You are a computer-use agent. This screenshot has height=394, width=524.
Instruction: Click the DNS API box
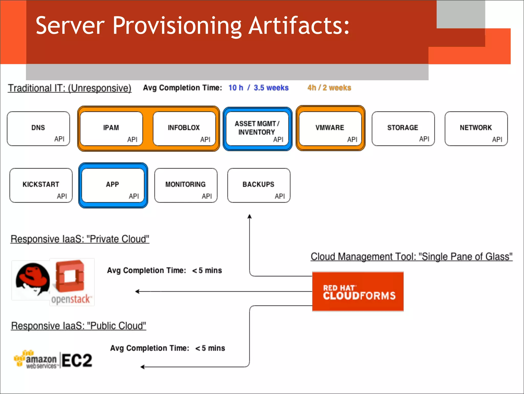(38, 128)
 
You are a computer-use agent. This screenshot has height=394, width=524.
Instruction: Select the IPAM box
(111, 128)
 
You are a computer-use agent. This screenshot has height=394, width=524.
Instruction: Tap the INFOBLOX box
(184, 128)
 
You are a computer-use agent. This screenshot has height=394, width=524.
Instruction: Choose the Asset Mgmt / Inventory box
(257, 128)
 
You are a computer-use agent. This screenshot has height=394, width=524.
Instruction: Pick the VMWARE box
(330, 128)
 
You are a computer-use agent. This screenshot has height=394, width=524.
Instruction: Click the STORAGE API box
(403, 128)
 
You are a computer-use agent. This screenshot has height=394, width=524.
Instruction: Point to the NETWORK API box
(476, 128)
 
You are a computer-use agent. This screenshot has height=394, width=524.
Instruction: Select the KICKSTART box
(41, 185)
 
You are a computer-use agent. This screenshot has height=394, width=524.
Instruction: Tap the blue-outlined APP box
(113, 185)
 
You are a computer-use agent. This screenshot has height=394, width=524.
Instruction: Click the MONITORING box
(186, 185)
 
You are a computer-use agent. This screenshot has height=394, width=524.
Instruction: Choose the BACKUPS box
(259, 185)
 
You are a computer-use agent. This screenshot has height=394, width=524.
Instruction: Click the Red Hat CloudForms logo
(358, 291)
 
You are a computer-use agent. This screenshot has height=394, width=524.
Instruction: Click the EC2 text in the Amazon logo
(77, 360)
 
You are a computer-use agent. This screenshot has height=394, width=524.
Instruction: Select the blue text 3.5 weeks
(271, 88)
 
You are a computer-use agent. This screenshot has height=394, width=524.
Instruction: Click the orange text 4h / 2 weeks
(329, 88)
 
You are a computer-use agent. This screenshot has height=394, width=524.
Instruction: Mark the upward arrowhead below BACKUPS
(249, 217)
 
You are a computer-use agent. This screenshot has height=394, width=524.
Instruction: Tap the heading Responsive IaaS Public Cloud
(79, 326)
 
